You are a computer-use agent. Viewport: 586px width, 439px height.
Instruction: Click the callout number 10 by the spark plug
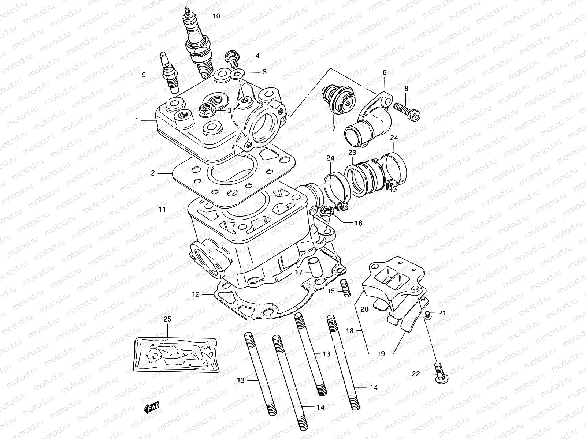coord(216,16)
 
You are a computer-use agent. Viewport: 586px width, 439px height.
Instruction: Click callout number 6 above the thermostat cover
coord(385,72)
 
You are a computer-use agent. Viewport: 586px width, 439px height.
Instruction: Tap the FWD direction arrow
coord(151,407)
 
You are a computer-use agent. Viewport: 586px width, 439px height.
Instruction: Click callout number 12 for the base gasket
coord(196,294)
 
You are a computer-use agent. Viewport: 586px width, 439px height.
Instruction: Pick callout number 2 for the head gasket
coord(153,173)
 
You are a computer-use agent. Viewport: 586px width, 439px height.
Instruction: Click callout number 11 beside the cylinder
coord(162,209)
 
